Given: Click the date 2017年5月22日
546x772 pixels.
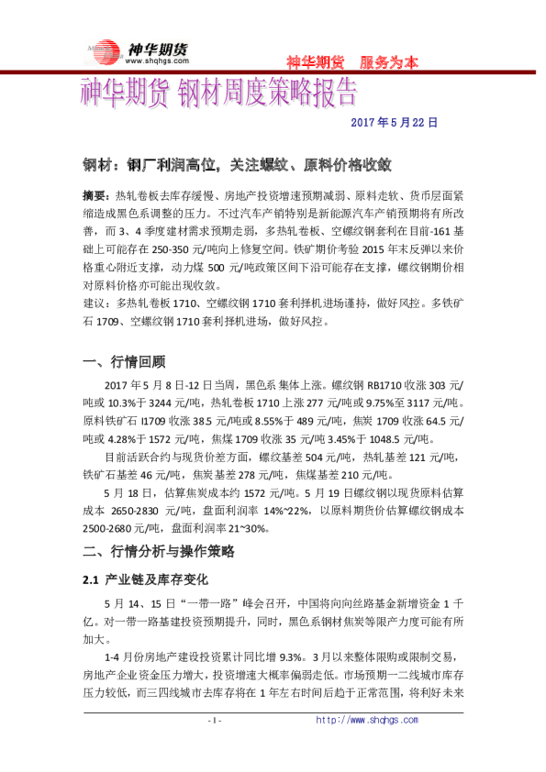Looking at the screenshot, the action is point(396,121).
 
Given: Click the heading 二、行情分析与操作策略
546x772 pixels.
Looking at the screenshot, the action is point(159,551).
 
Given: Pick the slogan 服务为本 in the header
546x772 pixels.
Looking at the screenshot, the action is point(389,62).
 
